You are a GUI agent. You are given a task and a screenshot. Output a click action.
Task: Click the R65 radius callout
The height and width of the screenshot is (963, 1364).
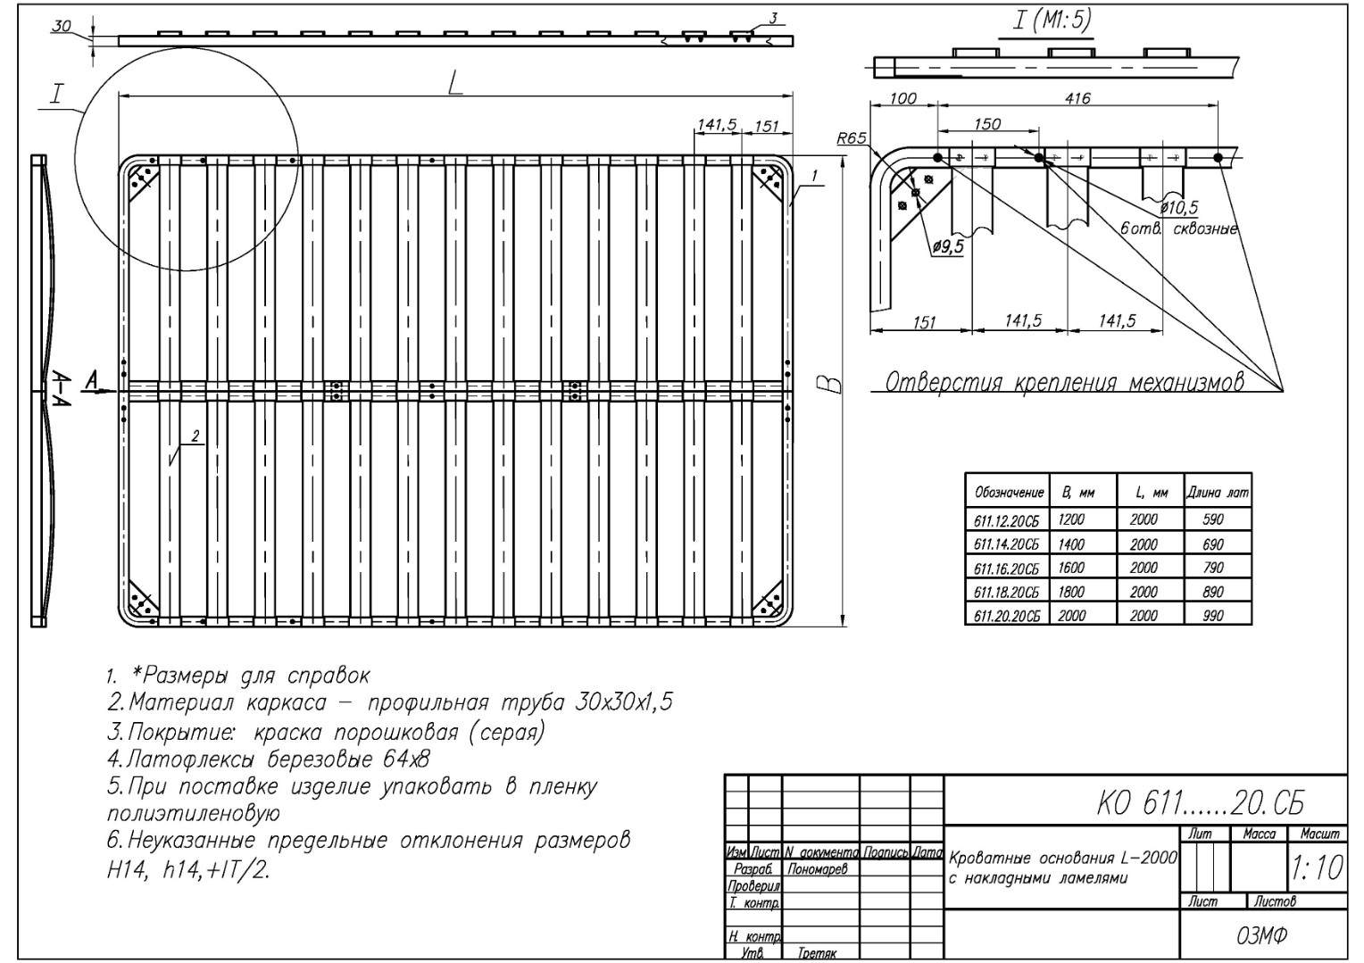coord(851,138)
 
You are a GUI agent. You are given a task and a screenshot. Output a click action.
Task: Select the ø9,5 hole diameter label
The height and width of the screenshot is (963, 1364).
coord(948,246)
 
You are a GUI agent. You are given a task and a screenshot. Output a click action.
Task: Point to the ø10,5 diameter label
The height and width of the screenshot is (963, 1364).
coord(1179,208)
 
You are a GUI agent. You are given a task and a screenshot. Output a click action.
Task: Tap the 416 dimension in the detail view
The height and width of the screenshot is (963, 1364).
coord(1077,98)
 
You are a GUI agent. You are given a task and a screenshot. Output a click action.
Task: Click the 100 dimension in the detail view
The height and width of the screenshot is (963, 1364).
coord(903,98)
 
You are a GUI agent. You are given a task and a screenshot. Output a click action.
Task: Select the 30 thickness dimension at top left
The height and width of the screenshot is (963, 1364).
coord(61,26)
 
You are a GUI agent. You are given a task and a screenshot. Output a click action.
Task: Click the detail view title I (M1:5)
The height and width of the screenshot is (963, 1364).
coord(1052,20)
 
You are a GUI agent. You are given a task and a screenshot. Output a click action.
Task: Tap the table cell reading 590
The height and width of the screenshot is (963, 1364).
coord(1213,519)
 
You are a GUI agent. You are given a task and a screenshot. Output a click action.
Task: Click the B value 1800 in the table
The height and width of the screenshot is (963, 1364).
coord(1071,592)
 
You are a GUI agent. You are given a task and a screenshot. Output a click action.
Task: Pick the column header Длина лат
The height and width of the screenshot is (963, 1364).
coord(1218,493)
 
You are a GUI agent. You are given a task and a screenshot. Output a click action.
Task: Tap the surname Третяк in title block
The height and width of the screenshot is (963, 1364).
coord(817,952)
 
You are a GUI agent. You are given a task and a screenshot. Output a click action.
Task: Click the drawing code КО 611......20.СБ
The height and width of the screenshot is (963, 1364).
coord(1201,805)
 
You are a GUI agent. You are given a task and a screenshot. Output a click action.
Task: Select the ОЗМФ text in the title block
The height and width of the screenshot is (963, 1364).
coord(1261,935)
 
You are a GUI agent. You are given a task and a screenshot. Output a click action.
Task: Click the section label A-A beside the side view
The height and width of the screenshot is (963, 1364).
coord(61,389)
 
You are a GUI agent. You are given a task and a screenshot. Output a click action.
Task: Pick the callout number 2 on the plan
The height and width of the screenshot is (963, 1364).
coord(195,436)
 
